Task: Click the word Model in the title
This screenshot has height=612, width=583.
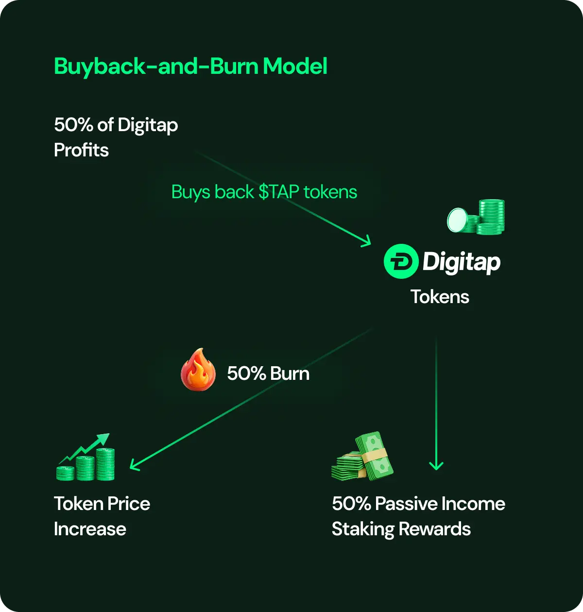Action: (x=295, y=67)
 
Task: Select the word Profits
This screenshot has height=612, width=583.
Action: (x=81, y=150)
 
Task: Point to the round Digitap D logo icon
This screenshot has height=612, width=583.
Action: (x=401, y=261)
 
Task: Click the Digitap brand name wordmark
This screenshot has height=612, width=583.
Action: (x=461, y=262)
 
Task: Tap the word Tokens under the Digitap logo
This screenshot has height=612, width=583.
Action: (x=440, y=297)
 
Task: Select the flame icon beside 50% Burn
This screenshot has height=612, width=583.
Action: (x=198, y=370)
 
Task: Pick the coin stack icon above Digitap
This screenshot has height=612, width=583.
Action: (x=477, y=217)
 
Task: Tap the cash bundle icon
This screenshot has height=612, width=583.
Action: (x=362, y=457)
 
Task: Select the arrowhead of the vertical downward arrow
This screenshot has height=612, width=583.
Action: (x=436, y=466)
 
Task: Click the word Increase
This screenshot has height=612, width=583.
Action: (x=90, y=529)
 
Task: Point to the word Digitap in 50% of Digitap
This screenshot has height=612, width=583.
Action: (x=148, y=126)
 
